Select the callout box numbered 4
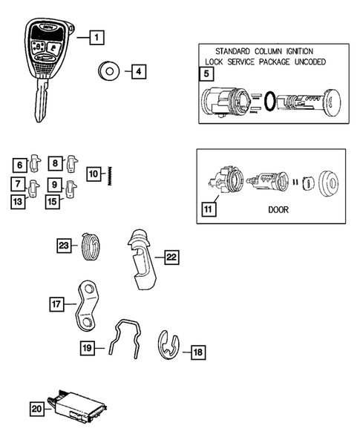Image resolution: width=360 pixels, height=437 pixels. click(140, 73)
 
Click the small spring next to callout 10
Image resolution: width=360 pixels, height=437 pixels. click(109, 176)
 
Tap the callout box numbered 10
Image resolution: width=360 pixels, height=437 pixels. click(94, 174)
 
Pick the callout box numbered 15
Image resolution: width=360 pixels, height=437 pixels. click(52, 200)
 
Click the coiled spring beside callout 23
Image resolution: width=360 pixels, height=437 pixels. click(89, 244)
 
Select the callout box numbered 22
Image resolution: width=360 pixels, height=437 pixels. click(171, 257)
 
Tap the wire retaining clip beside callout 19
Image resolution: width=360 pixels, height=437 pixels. click(122, 338)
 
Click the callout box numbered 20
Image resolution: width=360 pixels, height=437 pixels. click(37, 407)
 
